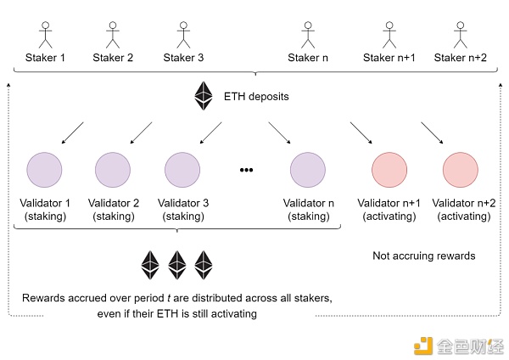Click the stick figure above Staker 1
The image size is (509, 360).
coord(46,35)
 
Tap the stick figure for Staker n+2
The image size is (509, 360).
coord(461,35)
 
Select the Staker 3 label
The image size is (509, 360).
coord(183,58)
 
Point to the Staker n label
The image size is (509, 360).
coord(308,58)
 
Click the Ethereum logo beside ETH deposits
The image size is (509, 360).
coord(204,96)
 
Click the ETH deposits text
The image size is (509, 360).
coord(256,97)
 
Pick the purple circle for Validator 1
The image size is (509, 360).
coord(44,170)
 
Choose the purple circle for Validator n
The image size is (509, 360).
coord(308,170)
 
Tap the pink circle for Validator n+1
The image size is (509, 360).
coord(389,170)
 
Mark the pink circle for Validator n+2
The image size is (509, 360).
coord(461,170)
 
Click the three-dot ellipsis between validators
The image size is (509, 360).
coord(246,170)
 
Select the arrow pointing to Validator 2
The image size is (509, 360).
coord(141,132)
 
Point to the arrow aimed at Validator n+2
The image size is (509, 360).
coord(432,132)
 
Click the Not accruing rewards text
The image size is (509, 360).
coord(423,256)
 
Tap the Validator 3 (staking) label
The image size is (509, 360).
coord(183,210)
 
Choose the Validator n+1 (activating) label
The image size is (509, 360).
coord(389,210)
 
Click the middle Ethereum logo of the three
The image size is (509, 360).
coord(177,265)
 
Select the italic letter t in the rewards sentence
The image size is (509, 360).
coord(169,298)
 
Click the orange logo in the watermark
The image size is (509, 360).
coord(423,346)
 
